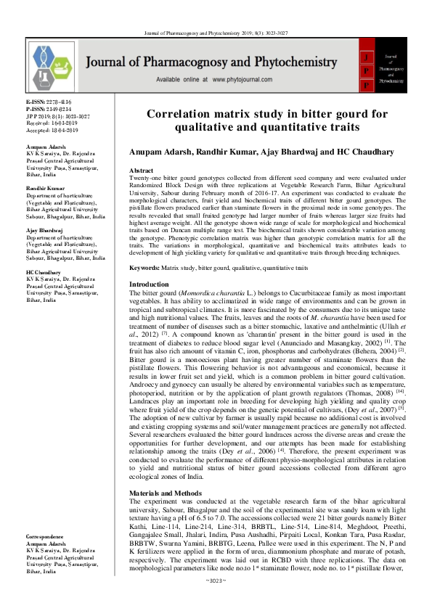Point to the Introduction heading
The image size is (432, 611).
point(148,284)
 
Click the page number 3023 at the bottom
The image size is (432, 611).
point(216,600)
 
